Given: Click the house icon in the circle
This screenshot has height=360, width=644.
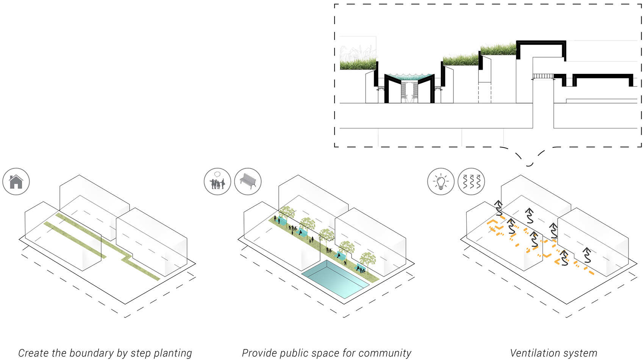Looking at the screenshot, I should click(16, 182).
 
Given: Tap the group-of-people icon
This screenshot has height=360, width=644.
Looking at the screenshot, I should click(217, 182).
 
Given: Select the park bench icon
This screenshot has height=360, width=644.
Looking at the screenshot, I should click(248, 182).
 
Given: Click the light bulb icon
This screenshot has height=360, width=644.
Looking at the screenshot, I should click(441, 182).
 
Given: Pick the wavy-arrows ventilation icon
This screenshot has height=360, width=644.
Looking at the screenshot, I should click(471, 182).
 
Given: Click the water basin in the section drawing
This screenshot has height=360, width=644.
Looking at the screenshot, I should click(409, 77).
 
